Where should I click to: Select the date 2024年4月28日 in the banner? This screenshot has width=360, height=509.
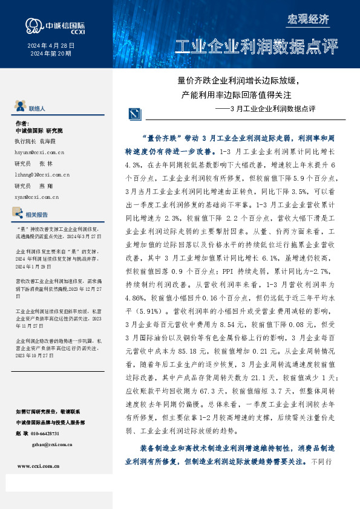tap(51, 45)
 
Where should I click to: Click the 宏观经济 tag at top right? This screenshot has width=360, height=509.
tap(307, 19)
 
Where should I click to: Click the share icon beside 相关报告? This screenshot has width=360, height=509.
tap(19, 213)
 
